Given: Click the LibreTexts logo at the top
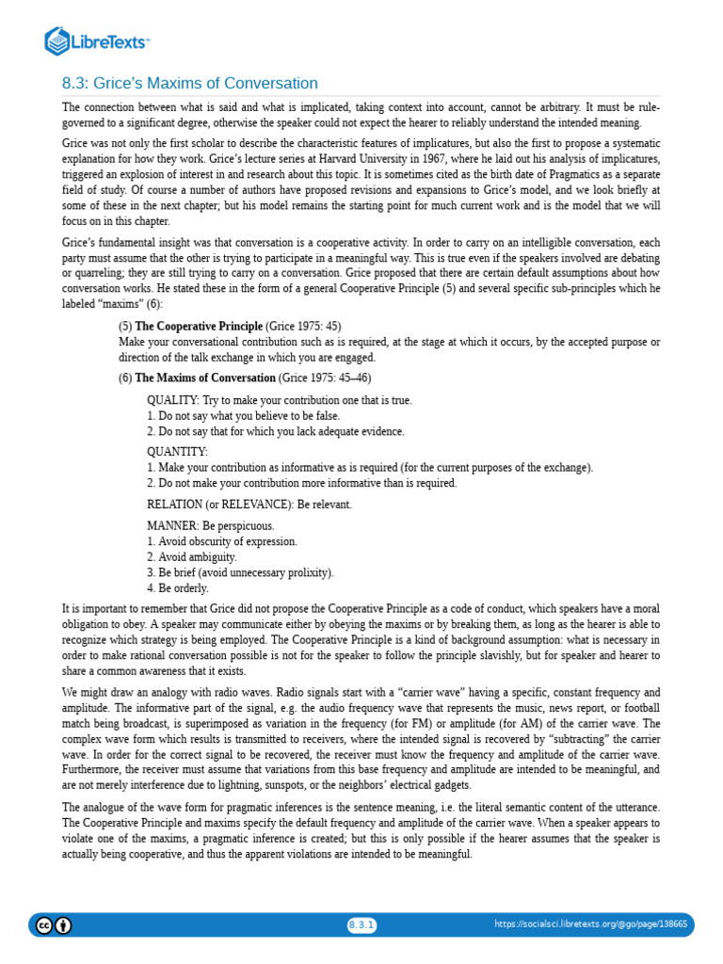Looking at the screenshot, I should [x=97, y=41].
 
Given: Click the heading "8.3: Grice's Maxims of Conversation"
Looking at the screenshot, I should [x=190, y=83].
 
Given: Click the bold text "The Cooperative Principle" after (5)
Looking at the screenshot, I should [x=199, y=326].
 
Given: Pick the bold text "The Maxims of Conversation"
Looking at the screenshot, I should [x=205, y=378].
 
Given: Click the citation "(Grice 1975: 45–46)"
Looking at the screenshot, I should [x=325, y=378].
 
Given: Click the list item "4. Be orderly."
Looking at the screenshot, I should [x=178, y=587].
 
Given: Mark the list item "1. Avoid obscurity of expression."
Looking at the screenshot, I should [x=222, y=541].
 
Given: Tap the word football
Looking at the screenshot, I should [x=639, y=707].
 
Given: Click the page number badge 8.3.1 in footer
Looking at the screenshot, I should [x=361, y=924].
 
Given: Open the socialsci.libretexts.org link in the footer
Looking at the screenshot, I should [x=590, y=924].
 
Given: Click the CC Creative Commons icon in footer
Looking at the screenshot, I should [x=43, y=924].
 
